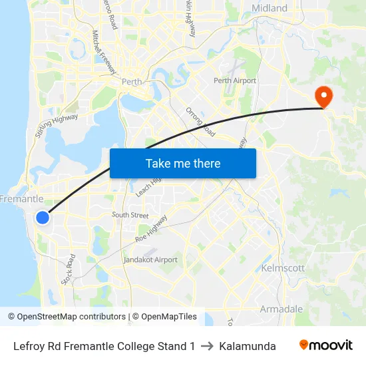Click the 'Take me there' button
183,163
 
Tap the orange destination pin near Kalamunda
324,96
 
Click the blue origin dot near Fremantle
42,218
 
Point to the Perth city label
132,82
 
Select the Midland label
270,9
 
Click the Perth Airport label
235,81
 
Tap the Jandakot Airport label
150,260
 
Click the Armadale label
281,309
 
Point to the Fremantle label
21,199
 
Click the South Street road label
130,215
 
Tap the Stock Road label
68,270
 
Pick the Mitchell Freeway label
104,51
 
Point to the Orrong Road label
200,122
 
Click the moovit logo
326,345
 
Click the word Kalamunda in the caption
248,346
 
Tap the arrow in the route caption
207,346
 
